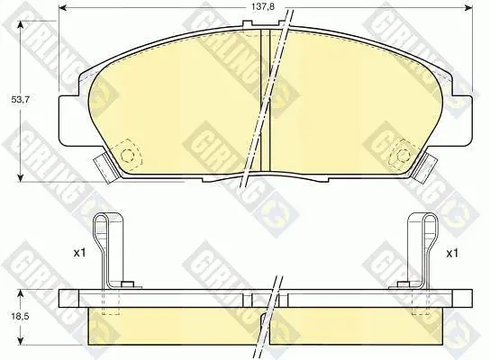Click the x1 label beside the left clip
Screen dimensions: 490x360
tap(79, 253)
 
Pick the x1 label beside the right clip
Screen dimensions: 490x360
tap(452, 254)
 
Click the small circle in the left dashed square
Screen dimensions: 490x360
tap(127, 155)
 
